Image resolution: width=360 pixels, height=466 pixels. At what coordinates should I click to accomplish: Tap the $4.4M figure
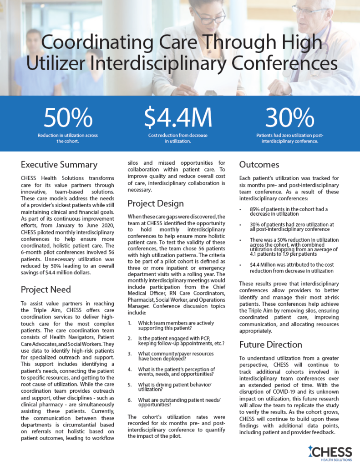click(178, 118)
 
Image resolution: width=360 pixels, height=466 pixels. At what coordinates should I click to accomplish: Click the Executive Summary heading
click(59, 164)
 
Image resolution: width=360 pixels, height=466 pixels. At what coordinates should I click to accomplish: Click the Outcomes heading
click(259, 164)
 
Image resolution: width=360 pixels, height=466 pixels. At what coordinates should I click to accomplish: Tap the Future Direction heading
click(271, 344)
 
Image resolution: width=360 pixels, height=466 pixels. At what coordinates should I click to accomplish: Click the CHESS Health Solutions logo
click(330, 453)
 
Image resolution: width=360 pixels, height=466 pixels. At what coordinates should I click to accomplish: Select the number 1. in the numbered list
click(130, 323)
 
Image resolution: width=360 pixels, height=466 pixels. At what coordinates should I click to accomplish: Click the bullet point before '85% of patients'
click(241, 209)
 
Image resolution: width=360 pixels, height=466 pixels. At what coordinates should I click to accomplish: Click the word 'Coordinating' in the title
click(87, 45)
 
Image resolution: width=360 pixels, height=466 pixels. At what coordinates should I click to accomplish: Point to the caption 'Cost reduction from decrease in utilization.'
click(178, 138)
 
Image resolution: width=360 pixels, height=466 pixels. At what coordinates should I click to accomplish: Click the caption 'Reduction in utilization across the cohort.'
click(67, 138)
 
